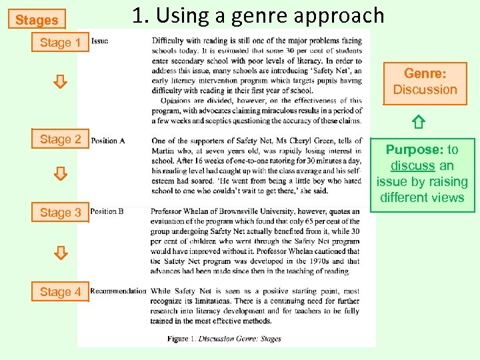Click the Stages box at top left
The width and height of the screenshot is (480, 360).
coord(37,20)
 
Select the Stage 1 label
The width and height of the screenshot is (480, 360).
coord(60,43)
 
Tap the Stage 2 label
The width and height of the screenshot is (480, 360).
coord(60,139)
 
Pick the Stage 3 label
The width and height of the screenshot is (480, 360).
coord(60,213)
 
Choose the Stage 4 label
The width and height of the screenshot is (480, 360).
coord(60,291)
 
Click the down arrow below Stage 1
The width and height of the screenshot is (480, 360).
coord(60,82)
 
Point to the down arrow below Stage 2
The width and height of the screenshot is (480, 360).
coord(60,175)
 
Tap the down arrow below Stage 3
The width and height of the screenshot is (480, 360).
coord(60,253)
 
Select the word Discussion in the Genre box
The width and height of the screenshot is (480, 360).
coord(425,90)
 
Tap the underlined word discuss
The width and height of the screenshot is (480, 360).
coord(413,165)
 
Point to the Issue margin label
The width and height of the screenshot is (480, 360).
coord(99,41)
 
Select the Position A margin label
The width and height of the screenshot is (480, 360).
coord(108,141)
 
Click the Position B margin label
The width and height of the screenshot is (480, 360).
coord(107,211)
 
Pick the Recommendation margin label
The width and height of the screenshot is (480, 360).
coord(118,291)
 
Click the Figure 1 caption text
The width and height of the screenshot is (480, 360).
coord(224,339)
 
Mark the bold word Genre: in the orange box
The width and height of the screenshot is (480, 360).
coord(425,74)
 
